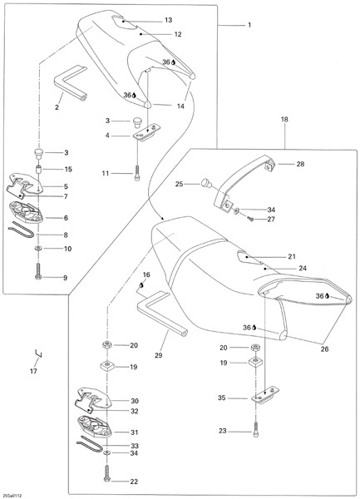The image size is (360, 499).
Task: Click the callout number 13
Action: point(169,20)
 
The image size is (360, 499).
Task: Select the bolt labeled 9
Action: point(38,271)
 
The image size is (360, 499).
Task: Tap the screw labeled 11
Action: point(137,174)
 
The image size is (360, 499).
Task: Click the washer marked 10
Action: point(38,248)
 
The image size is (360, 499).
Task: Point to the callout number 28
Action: point(300,164)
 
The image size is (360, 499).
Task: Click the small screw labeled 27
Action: point(251,218)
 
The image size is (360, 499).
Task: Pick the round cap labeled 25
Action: point(205,183)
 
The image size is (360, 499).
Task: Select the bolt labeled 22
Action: point(106,472)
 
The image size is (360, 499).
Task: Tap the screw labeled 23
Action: point(256,430)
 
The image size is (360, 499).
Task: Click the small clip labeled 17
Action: point(39,353)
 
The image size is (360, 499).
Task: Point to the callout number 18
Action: point(284,120)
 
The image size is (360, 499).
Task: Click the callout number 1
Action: point(249,25)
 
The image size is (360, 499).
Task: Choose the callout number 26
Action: point(324,349)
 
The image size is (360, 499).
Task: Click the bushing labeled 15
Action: point(38,170)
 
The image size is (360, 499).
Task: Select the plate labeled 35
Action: point(265,396)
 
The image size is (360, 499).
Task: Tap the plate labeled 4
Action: point(146,131)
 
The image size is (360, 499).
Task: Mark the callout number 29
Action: point(158,355)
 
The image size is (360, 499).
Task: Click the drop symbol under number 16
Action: point(141,285)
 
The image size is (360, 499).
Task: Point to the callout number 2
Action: point(57,107)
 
